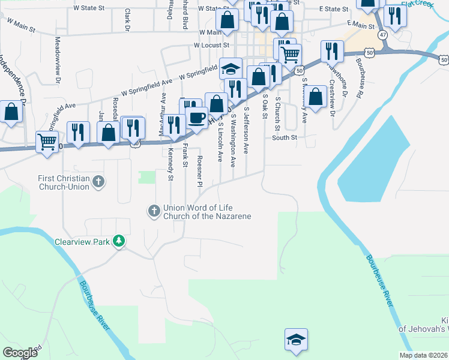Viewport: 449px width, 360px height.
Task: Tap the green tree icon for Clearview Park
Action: (x=119, y=241)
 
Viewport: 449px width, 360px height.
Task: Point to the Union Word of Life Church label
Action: (x=206, y=212)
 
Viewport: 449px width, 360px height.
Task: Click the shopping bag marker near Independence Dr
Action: (x=11, y=112)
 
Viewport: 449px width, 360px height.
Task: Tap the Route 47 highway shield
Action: (x=383, y=35)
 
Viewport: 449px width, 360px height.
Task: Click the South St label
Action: (x=285, y=137)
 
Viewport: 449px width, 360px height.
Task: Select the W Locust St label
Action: (x=211, y=45)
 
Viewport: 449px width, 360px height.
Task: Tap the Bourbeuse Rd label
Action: (x=359, y=78)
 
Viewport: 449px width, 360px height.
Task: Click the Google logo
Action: (x=20, y=353)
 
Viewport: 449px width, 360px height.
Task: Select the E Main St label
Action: (x=361, y=25)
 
